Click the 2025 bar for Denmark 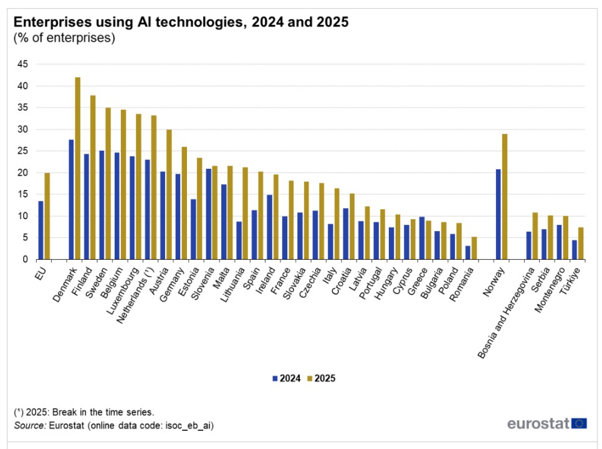78,168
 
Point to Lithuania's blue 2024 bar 239,240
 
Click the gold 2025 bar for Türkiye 581,243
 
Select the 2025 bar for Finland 93,177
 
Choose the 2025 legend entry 321,378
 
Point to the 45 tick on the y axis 22,64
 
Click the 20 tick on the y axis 22,173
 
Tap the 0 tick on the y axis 25,260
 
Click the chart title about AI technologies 181,22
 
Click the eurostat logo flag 579,424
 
